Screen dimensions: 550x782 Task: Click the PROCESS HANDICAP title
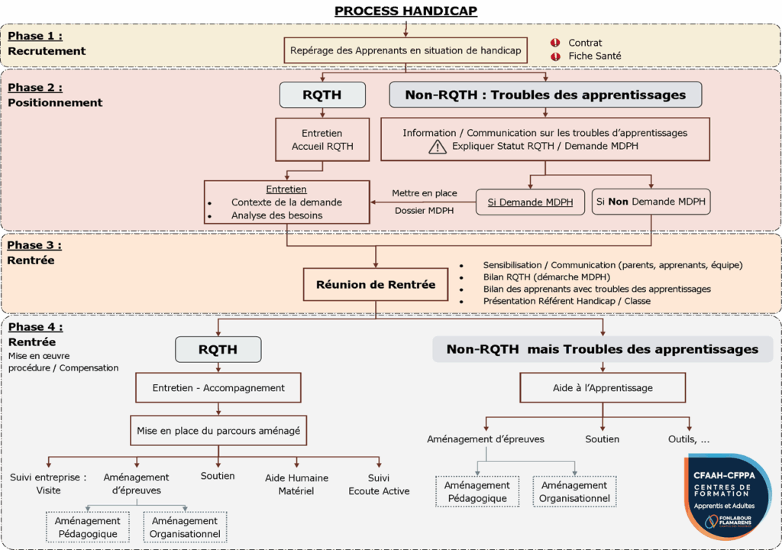tap(406, 11)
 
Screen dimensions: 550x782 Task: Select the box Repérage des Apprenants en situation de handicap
tap(406, 50)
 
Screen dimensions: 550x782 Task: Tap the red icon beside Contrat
tap(555, 43)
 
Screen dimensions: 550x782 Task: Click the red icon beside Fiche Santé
tap(555, 56)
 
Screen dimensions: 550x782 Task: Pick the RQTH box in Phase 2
tap(322, 95)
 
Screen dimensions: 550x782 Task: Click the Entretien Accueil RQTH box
tap(322, 139)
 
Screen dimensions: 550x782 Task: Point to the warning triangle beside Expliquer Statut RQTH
tap(437, 146)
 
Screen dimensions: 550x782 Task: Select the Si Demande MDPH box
tap(531, 202)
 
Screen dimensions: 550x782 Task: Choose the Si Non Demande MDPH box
tap(651, 202)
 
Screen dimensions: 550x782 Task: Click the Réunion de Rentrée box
tap(376, 285)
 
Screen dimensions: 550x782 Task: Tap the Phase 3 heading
tap(34, 245)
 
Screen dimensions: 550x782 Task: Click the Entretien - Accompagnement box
tap(218, 387)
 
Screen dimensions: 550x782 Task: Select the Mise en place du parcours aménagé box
tap(218, 431)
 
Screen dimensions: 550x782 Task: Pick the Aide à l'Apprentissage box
tap(603, 387)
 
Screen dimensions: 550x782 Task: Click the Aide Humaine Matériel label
tap(296, 484)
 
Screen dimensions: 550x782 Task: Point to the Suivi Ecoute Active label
tap(379, 484)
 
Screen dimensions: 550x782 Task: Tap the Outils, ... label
tap(689, 439)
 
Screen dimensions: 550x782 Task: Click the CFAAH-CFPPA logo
tap(727, 496)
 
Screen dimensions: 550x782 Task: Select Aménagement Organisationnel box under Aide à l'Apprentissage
tap(574, 492)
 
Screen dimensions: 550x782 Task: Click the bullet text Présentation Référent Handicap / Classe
tap(566, 301)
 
